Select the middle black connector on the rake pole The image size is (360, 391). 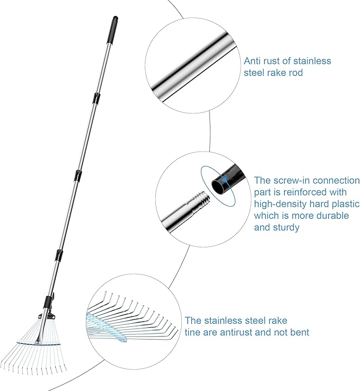(x=78, y=175)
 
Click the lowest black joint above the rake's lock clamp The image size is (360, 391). (x=59, y=255)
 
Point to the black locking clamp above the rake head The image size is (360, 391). (x=49, y=303)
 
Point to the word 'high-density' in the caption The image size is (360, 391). (x=280, y=204)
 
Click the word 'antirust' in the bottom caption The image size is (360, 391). (x=236, y=332)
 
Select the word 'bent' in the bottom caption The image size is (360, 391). (x=300, y=332)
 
